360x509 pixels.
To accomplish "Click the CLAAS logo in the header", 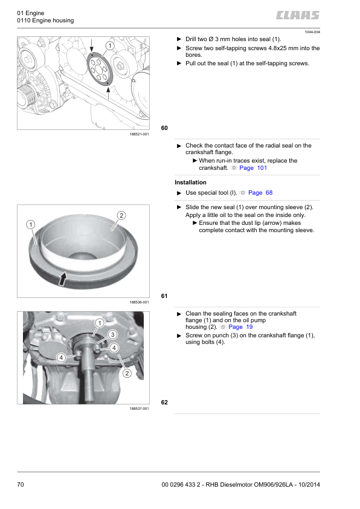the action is [x=298, y=15].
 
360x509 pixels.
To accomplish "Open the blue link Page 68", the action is [x=260, y=192].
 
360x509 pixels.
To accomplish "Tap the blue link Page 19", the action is [x=240, y=327].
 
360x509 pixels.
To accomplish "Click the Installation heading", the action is [x=190, y=183].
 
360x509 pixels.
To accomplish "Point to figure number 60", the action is [x=164, y=128].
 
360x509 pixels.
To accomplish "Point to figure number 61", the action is [x=164, y=296].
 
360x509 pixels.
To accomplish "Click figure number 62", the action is [x=164, y=403].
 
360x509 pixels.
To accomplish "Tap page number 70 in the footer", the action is [x=21, y=485].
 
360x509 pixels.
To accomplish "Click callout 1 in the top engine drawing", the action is [x=110, y=46].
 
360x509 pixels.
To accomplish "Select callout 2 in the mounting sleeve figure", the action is [x=121, y=216].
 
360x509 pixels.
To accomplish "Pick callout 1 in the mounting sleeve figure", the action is [x=30, y=225].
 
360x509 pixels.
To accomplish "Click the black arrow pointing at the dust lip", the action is [x=63, y=279].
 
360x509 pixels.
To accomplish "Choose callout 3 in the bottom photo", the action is [x=112, y=335].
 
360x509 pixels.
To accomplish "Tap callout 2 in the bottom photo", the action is [x=127, y=374].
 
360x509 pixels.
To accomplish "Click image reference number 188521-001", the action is [x=140, y=134].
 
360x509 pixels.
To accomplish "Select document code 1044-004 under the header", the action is [x=312, y=32].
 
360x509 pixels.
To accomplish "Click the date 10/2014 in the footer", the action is [x=309, y=485].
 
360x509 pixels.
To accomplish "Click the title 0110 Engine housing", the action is [x=45, y=21].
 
